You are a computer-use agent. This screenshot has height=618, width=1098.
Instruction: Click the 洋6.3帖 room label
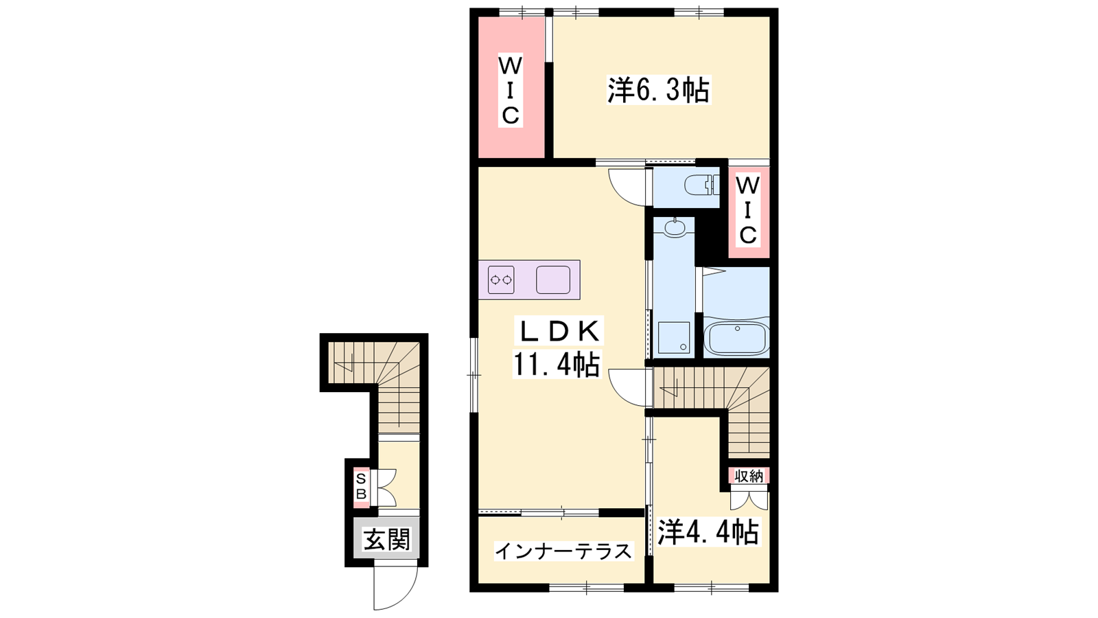[x=659, y=90]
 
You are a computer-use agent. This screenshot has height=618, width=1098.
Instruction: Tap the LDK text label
[x=558, y=332]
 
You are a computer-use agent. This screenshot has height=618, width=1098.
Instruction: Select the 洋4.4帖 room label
[x=708, y=532]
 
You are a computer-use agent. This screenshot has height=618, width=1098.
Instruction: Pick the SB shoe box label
[x=361, y=486]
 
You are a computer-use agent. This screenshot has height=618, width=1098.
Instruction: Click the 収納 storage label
[x=749, y=475]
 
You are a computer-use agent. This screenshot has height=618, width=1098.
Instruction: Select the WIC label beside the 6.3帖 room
[x=511, y=91]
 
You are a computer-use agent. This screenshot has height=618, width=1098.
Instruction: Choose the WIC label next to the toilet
[x=747, y=211]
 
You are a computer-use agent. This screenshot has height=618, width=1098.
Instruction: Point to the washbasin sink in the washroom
[x=675, y=227]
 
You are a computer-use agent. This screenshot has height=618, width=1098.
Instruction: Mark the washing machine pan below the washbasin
[x=674, y=337]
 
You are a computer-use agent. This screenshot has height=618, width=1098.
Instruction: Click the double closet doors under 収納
[x=749, y=500]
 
